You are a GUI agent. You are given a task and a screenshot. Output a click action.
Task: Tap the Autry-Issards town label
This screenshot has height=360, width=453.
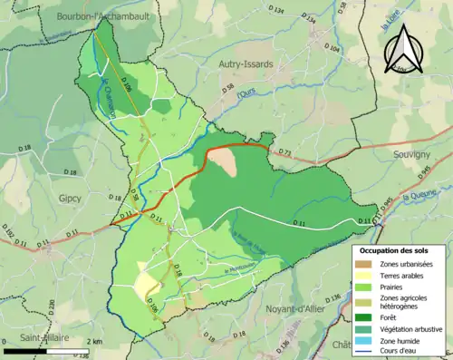[246, 63]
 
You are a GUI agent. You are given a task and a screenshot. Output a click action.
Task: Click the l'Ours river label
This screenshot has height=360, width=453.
[242, 93]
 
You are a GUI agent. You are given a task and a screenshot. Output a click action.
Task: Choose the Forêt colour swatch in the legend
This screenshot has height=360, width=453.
[365, 316]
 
